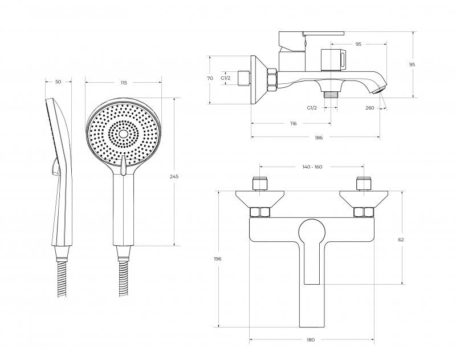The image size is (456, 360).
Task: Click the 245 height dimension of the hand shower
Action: click(174, 176)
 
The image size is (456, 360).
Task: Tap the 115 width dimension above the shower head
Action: click(124, 83)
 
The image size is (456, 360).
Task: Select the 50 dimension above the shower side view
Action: click(58, 82)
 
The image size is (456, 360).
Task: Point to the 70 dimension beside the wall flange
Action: click(210, 78)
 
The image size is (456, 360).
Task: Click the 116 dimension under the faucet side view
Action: click(294, 123)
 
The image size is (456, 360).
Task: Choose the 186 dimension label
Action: click(319, 137)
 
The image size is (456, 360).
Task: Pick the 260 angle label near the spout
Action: click(369, 108)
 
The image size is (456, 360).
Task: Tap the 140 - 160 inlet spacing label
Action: click(312, 167)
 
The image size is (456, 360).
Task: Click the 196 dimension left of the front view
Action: click(218, 258)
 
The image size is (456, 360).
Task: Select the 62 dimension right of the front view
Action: click(401, 240)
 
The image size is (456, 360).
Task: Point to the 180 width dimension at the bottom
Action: click(311, 339)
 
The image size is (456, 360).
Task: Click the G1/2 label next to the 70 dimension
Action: click(225, 78)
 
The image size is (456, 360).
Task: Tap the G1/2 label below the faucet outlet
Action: click(312, 108)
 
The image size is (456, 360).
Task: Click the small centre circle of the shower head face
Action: click(123, 134)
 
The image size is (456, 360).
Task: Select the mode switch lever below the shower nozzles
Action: click(123, 165)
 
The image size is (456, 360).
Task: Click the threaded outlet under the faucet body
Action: click(331, 95)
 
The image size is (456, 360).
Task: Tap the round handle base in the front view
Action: click(312, 232)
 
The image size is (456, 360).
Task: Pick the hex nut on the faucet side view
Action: click(272, 80)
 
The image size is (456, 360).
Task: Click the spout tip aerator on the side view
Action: click(380, 90)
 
